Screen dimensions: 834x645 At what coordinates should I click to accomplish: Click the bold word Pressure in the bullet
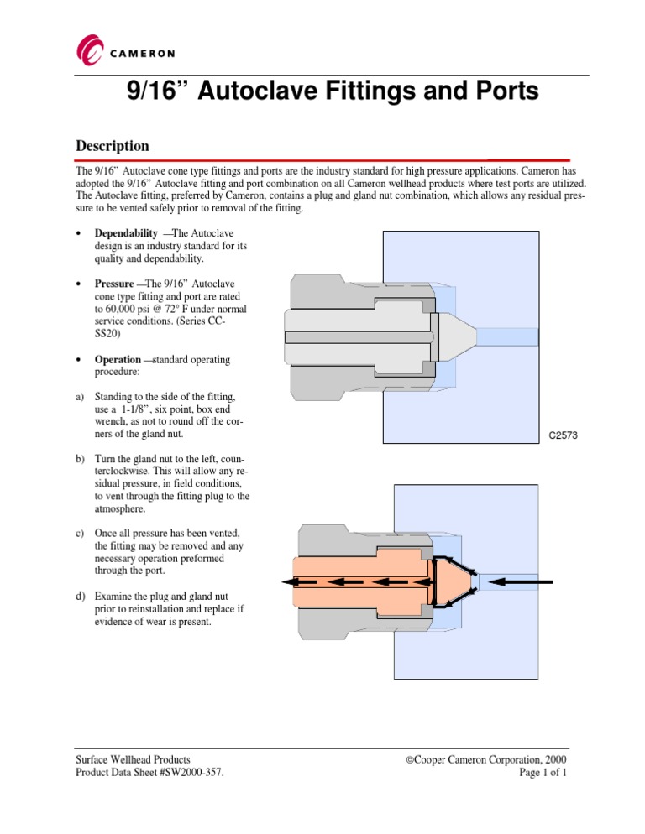(114, 283)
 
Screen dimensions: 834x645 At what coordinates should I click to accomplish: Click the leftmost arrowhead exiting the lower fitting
(288, 581)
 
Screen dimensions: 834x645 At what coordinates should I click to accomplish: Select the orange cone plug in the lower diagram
(454, 581)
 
